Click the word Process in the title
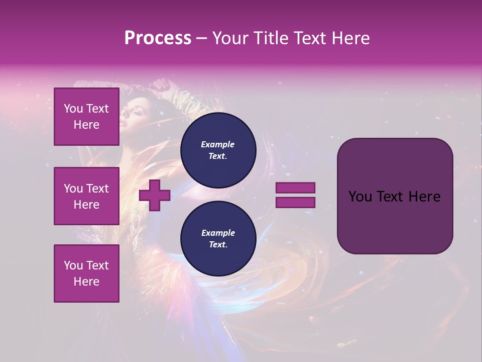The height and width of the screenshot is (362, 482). click(158, 38)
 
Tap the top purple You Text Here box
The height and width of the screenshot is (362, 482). click(86, 117)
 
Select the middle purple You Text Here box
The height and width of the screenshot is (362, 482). click(86, 196)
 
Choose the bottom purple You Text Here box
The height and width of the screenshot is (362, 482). click(86, 274)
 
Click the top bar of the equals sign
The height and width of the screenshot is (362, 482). click(295, 188)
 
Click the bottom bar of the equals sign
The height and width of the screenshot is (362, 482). click(295, 203)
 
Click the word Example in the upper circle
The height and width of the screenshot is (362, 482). click(218, 144)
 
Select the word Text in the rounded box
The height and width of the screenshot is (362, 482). click(390, 197)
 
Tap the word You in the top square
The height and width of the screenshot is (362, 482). click(73, 109)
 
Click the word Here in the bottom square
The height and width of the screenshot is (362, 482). click(86, 282)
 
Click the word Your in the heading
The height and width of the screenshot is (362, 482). click(230, 38)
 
